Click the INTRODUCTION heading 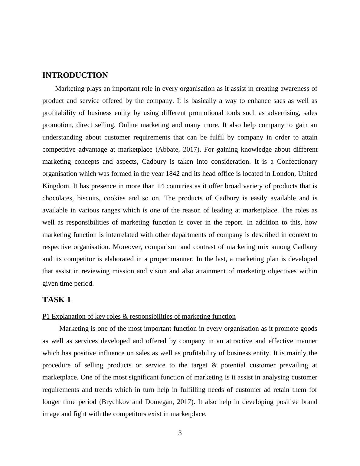click(75, 75)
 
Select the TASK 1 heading click(57, 300)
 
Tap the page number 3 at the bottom click(180, 433)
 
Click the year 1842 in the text click(173, 174)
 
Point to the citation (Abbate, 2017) click(177, 149)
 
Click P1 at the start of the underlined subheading click(46, 317)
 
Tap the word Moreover click(127, 247)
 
